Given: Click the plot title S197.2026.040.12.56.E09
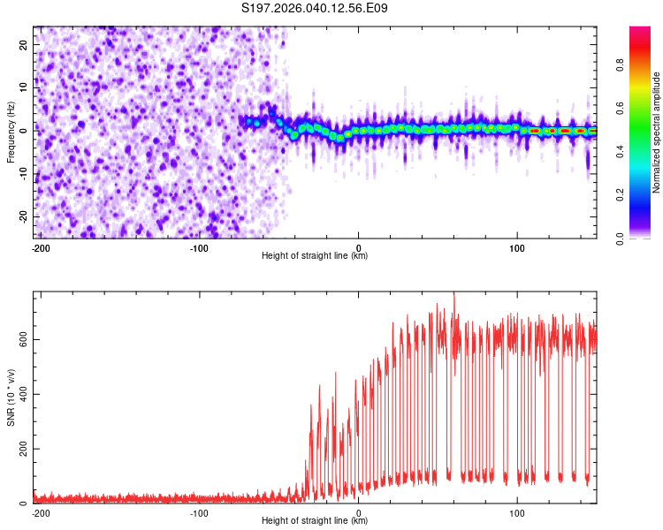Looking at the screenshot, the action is (314, 8).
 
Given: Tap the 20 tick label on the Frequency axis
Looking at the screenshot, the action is (24, 45).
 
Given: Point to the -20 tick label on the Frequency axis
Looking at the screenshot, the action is (24, 216).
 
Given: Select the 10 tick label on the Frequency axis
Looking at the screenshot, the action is (24, 88).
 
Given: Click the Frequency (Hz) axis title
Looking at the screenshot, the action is (11, 132).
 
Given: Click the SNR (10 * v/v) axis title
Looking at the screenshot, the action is (11, 397).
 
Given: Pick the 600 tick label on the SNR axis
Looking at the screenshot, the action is (24, 339).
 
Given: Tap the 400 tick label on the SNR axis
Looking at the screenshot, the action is (24, 394).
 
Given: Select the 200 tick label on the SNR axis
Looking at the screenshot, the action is (24, 449).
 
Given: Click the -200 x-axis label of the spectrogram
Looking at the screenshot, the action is (41, 248).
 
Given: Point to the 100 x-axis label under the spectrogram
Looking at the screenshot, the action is (517, 248).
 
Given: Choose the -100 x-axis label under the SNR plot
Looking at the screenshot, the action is (199, 513).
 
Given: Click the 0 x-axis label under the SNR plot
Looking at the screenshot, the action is (359, 513).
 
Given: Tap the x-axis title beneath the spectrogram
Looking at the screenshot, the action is (315, 255).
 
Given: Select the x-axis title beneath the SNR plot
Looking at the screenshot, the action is (315, 520).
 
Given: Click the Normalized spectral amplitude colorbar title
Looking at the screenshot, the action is (656, 132).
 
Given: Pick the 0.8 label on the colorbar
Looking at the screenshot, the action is (620, 65).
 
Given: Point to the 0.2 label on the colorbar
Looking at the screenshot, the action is (620, 195).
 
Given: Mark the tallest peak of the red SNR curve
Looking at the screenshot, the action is (454, 293).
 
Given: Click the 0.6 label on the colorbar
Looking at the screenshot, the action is (620, 108).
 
